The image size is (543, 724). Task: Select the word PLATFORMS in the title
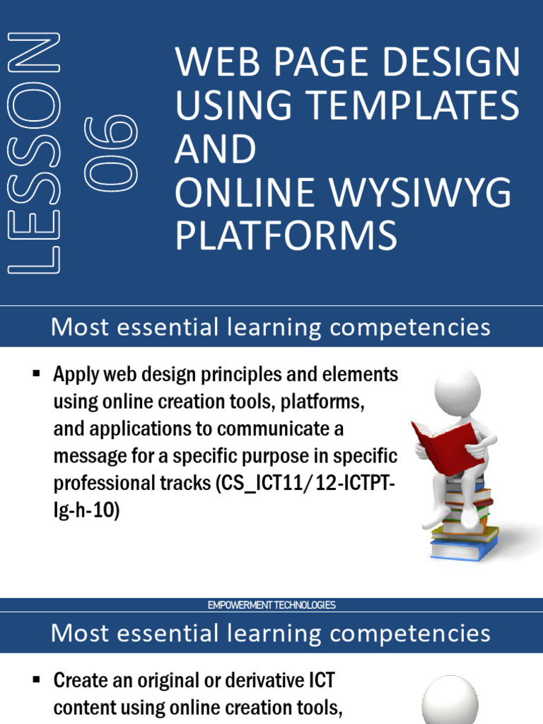point(286,236)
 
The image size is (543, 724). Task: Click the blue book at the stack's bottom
point(465,549)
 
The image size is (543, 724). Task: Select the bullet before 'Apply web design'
point(36,373)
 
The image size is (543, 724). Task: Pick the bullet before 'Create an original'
point(36,679)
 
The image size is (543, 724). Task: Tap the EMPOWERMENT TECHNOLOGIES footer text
point(271,605)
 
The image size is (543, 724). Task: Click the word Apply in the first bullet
point(76,375)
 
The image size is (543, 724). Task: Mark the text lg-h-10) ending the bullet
point(87,510)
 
